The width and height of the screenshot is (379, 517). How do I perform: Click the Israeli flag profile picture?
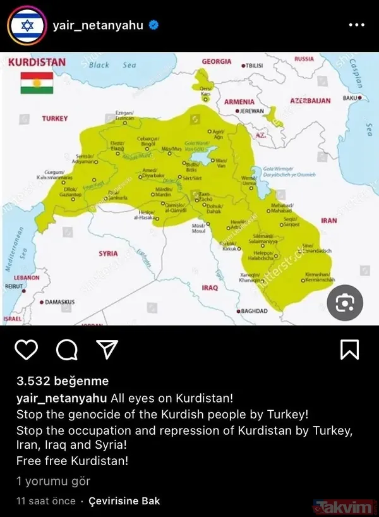click(27, 26)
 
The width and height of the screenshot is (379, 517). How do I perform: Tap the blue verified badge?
click(153, 26)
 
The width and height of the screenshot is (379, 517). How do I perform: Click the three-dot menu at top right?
click(357, 26)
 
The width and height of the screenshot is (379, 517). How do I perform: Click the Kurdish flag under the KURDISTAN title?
click(37, 82)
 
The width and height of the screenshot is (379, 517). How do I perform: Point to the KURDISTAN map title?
click(37, 63)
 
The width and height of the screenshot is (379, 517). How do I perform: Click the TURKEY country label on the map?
click(55, 119)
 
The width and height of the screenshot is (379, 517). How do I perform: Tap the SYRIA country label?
click(108, 253)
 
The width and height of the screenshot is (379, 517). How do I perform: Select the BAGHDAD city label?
click(253, 311)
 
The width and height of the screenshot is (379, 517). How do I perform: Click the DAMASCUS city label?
click(59, 302)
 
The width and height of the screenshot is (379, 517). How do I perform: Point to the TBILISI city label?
click(253, 65)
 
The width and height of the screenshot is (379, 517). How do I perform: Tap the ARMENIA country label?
click(239, 102)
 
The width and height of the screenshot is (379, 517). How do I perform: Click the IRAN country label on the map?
click(328, 221)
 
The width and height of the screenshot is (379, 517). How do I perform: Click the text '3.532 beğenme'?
click(62, 381)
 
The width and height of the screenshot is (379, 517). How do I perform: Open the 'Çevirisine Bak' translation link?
click(123, 501)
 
